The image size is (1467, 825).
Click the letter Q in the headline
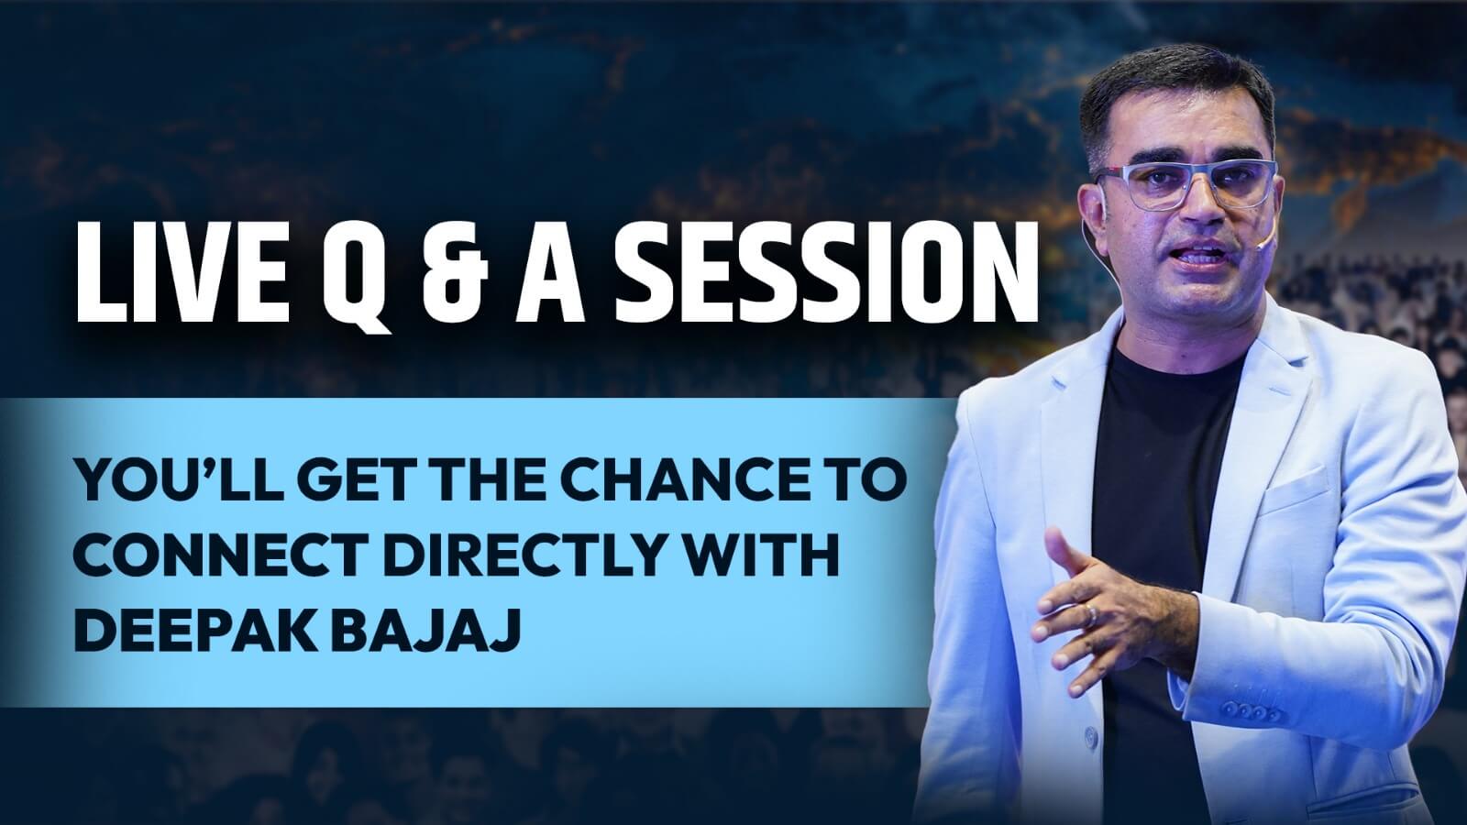point(357,276)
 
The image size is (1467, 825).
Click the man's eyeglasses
point(1186,184)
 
